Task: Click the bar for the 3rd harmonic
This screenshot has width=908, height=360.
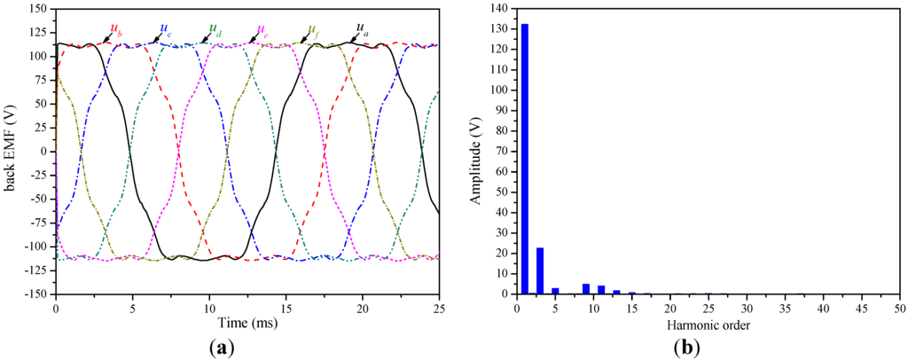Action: click(539, 270)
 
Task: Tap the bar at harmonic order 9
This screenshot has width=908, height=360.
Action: click(585, 288)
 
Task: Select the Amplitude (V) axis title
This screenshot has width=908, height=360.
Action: click(476, 151)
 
